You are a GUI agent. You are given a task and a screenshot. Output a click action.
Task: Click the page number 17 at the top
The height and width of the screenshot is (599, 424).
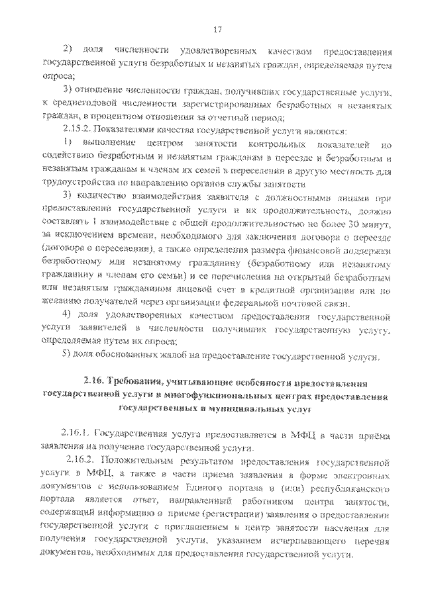tap(217, 29)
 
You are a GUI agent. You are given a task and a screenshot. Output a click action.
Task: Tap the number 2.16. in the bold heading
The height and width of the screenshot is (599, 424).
tap(95, 383)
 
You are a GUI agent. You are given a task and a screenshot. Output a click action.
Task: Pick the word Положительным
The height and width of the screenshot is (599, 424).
tap(136, 459)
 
